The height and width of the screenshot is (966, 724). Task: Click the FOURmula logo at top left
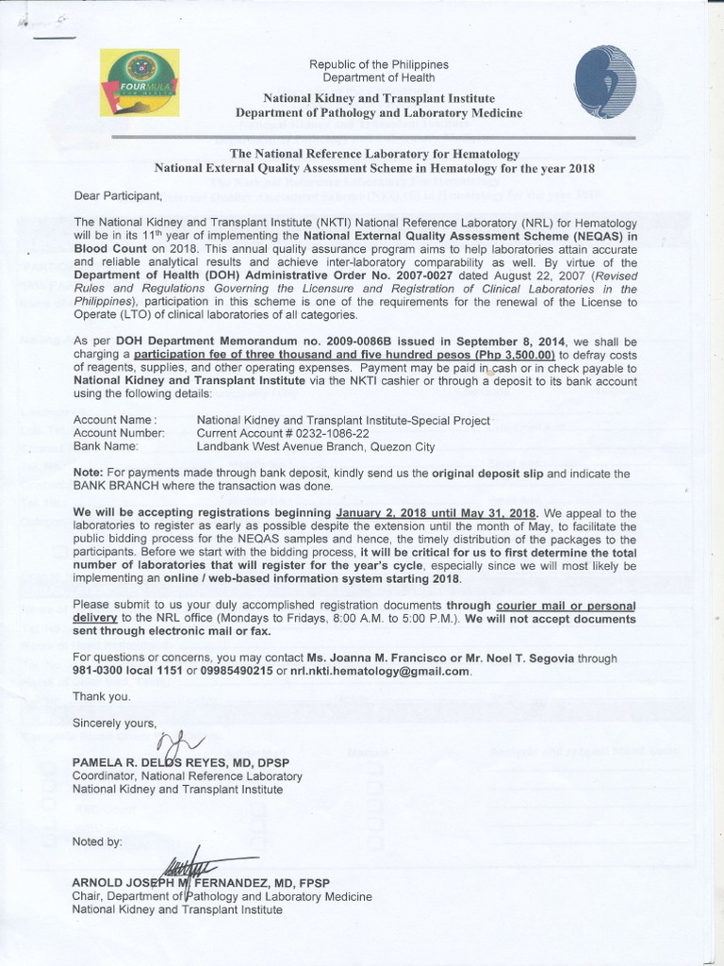141,82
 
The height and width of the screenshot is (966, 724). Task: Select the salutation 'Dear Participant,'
118,196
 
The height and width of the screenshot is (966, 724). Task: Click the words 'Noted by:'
97,841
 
